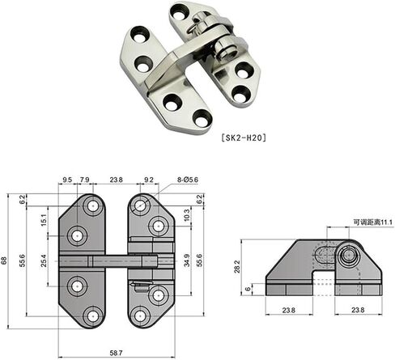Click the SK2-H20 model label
pyautogui.click(x=244, y=138)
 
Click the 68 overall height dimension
pyautogui.click(x=4, y=260)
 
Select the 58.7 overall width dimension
pyautogui.click(x=117, y=353)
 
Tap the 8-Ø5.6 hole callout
pyautogui.click(x=188, y=180)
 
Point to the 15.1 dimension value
pyautogui.click(x=44, y=220)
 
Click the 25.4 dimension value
pyautogui.click(x=44, y=260)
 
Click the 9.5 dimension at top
pyautogui.click(x=67, y=180)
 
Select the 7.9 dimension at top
pyautogui.click(x=85, y=180)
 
